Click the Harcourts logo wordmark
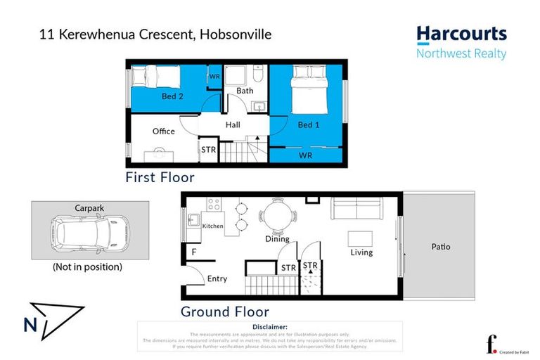pyautogui.click(x=461, y=34)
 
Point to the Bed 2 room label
pyautogui.click(x=172, y=96)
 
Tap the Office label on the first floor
pyautogui.click(x=164, y=131)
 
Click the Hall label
pyautogui.click(x=233, y=125)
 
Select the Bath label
pyautogui.click(x=245, y=91)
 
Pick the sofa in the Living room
pyautogui.click(x=357, y=209)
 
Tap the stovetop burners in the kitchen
pyautogui.click(x=213, y=205)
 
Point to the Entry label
pyautogui.click(x=217, y=279)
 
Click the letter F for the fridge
pyautogui.click(x=193, y=251)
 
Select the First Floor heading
pyautogui.click(x=160, y=177)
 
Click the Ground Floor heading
pyautogui.click(x=224, y=311)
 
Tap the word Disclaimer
pyautogui.click(x=269, y=327)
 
